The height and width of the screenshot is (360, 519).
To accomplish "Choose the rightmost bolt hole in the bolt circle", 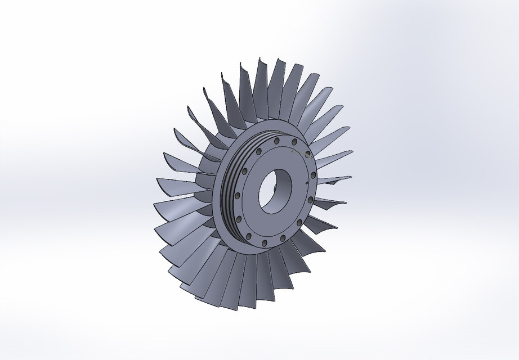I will pyautogui.click(x=312, y=180).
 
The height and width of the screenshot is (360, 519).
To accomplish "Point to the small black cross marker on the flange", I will pyautogui.click(x=305, y=183).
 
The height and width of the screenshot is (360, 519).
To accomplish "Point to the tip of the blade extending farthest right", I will pyautogui.click(x=353, y=151).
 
